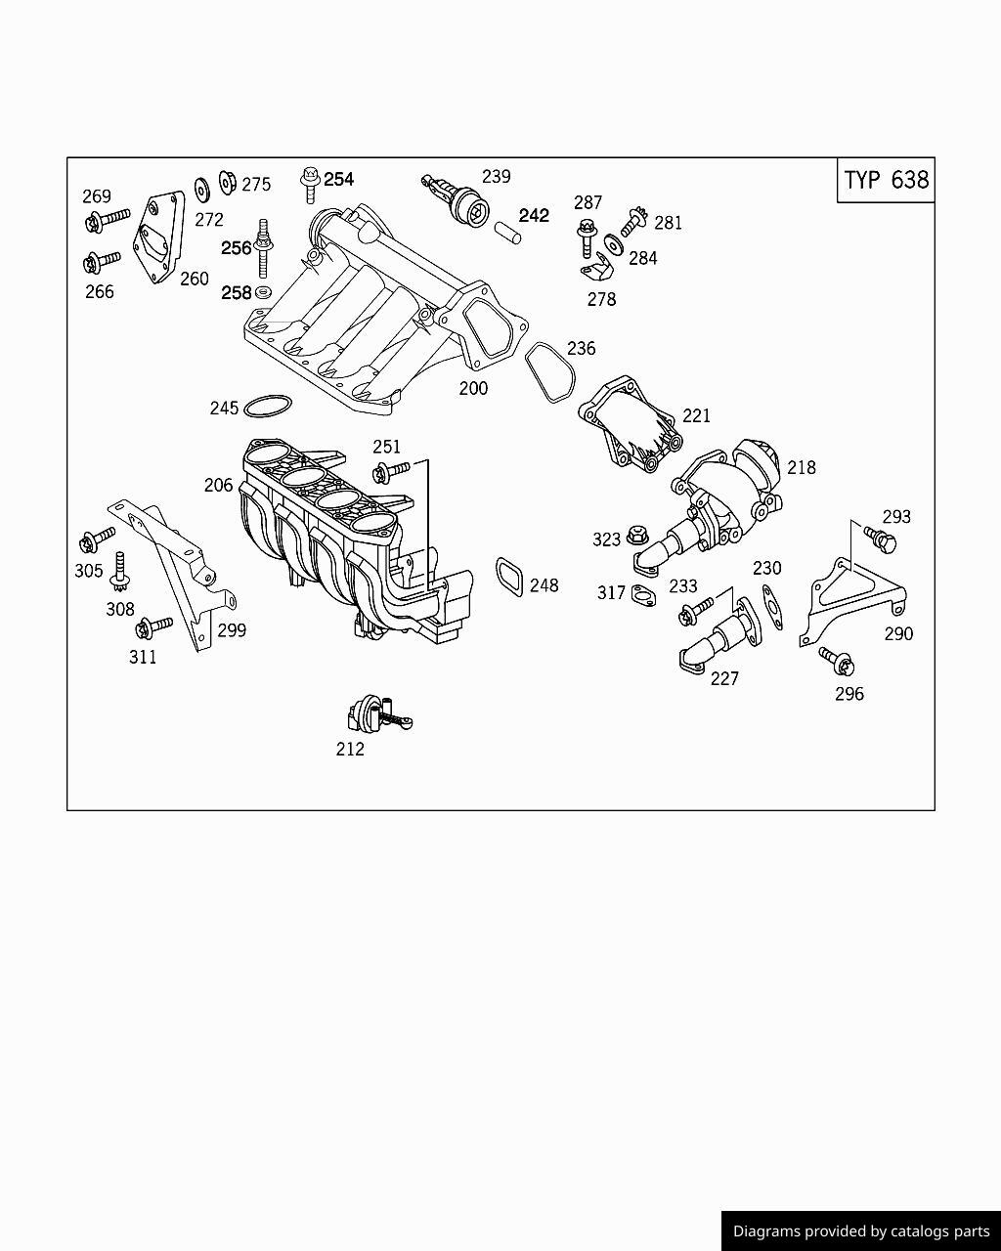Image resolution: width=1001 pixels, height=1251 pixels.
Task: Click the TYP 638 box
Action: (x=886, y=180)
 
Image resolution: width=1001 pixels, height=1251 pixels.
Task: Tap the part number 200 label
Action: (x=473, y=388)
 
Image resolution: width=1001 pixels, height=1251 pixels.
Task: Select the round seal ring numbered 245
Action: (x=267, y=406)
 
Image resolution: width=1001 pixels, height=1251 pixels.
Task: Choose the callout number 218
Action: (x=801, y=467)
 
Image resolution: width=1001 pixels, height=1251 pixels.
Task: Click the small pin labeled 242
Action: (x=506, y=232)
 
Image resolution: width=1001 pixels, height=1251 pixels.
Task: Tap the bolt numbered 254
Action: (x=310, y=182)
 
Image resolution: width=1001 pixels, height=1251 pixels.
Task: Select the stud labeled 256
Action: (x=262, y=249)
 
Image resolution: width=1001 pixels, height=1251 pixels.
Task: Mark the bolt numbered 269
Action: (x=105, y=219)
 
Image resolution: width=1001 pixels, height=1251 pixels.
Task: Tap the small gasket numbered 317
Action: (x=643, y=594)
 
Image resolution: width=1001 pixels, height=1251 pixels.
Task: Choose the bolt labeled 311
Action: (x=153, y=625)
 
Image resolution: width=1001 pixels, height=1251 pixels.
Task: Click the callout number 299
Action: (x=232, y=630)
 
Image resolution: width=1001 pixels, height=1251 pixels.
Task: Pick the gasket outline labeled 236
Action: (x=550, y=372)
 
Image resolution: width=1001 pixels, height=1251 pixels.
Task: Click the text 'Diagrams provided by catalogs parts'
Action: (x=861, y=1231)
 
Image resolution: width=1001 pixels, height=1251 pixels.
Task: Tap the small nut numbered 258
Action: (x=263, y=292)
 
